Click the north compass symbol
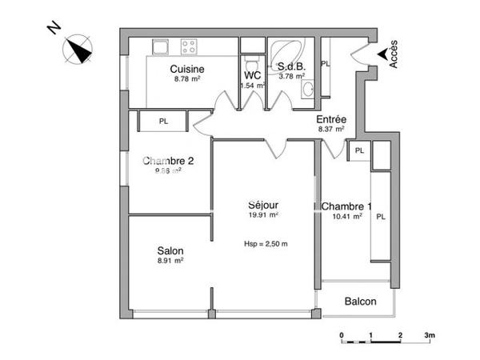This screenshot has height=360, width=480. point(78,50)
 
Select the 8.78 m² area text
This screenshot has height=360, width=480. point(187,80)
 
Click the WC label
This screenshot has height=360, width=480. point(254,75)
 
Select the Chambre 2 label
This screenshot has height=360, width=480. point(168,159)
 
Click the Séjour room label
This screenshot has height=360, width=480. point(263,203)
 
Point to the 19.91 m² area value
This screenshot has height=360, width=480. point(263,214)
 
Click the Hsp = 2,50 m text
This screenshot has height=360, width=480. point(266,244)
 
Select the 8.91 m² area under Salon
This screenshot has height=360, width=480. point(170,261)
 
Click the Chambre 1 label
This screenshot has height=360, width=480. point(346,206)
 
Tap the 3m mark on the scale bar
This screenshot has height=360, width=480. point(429,335)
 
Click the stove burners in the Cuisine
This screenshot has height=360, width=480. point(189,46)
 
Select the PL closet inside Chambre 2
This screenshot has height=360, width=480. point(163,122)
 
